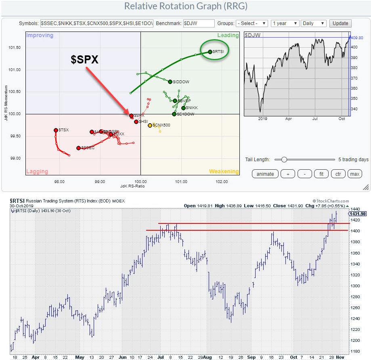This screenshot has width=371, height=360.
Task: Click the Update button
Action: tap(340, 23)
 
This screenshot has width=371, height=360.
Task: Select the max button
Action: tap(354, 174)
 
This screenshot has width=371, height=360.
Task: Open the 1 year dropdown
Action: tap(285, 23)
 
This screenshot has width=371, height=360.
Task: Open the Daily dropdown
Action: tap(314, 23)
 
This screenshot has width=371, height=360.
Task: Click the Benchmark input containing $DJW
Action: tap(199, 23)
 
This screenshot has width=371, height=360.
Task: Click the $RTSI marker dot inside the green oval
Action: tap(210, 52)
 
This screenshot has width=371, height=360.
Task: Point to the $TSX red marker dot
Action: tap(56, 130)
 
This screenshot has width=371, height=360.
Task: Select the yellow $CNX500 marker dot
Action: tap(150, 125)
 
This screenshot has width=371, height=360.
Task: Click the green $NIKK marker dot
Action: tap(183, 108)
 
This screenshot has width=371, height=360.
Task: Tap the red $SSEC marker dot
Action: tap(78, 148)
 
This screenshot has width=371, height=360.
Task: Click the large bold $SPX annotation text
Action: tap(85, 59)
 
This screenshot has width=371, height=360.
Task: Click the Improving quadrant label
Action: tap(40, 36)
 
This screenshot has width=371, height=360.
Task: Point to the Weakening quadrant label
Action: tap(224, 171)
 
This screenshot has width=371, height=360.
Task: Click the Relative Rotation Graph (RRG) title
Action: tap(185, 6)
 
